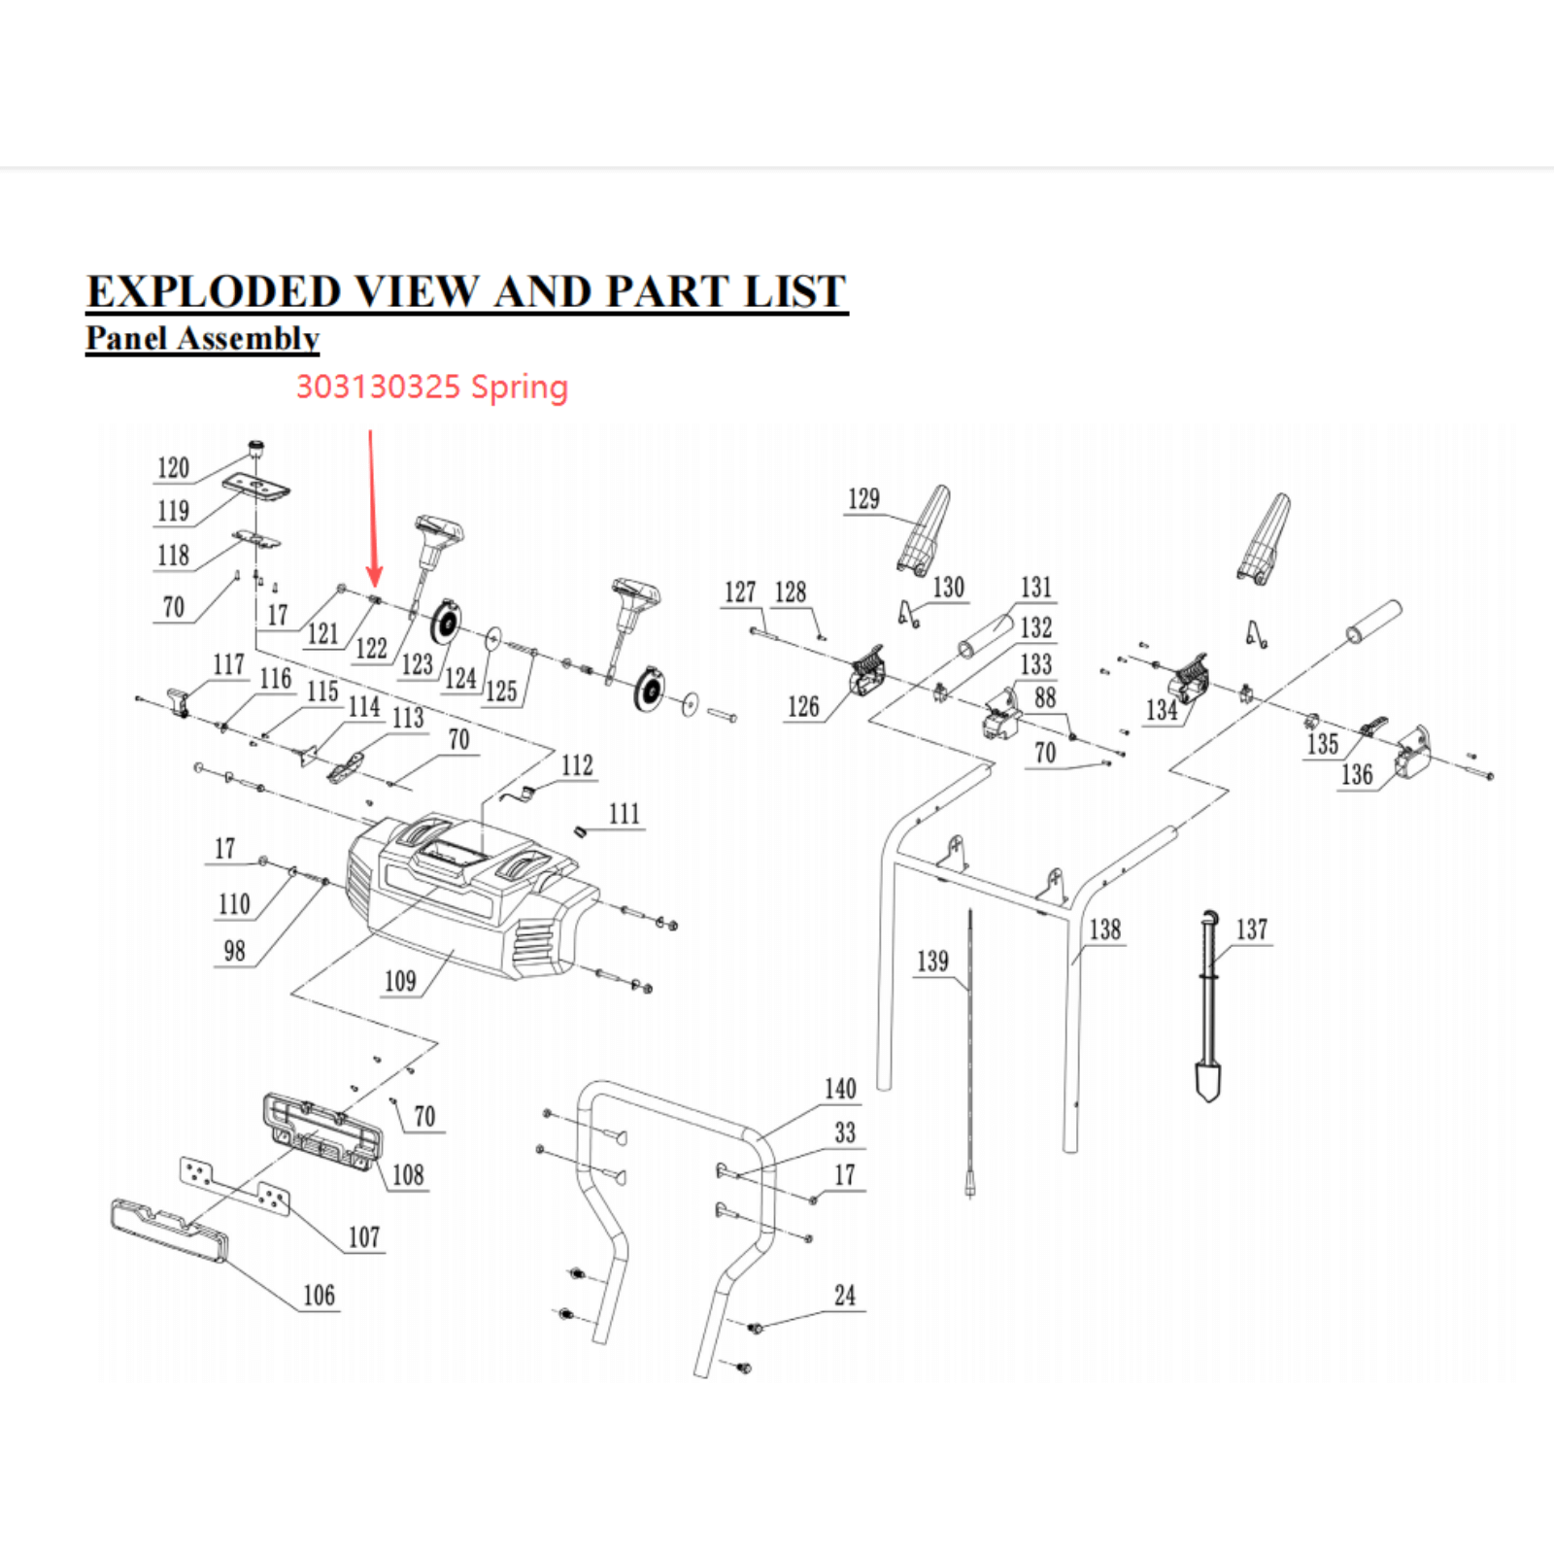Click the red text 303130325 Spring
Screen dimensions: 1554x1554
point(431,387)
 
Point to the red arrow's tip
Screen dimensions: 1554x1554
point(375,584)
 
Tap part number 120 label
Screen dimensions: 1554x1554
point(173,468)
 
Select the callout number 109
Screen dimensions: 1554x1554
point(400,981)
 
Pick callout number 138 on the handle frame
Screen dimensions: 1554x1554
point(1105,929)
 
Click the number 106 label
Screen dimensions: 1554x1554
point(319,1296)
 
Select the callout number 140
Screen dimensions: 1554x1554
point(840,1089)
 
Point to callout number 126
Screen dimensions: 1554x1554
point(803,707)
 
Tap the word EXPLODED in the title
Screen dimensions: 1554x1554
point(214,291)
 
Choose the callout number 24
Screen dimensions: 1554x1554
point(845,1296)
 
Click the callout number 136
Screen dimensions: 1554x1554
point(1357,775)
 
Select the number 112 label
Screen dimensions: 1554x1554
point(577,765)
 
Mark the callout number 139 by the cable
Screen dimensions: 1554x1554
point(932,962)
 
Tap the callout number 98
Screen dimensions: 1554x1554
point(234,951)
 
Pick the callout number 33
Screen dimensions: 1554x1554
point(845,1132)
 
